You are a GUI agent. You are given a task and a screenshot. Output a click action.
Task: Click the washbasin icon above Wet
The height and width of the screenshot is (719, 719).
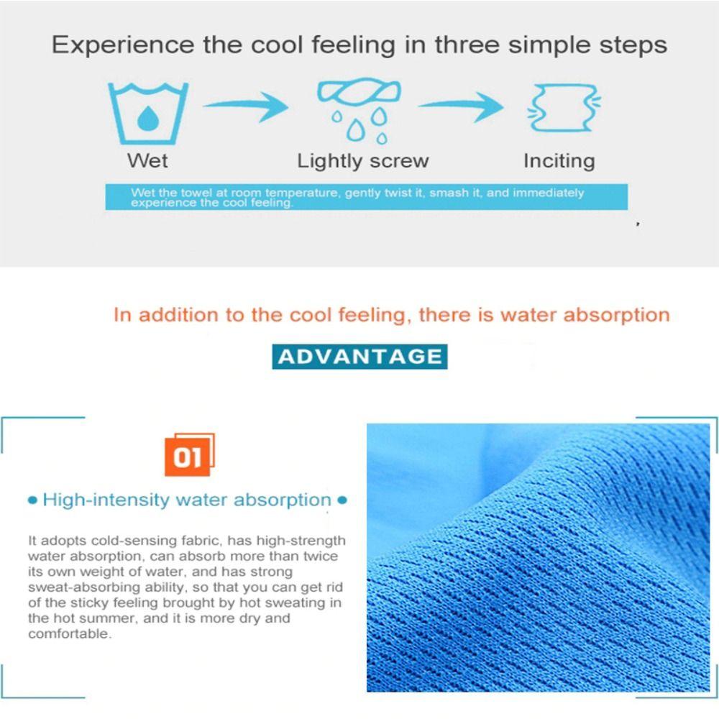pyautogui.click(x=147, y=114)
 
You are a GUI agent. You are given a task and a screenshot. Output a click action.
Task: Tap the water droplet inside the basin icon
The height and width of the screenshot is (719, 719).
pyautogui.click(x=147, y=119)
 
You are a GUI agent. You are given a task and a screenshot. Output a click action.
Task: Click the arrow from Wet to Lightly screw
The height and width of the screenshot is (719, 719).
pyautogui.click(x=245, y=108)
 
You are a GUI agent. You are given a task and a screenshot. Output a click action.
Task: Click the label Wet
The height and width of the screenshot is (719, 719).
pyautogui.click(x=147, y=161)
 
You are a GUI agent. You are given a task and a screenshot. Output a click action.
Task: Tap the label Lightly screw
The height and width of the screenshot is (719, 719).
pyautogui.click(x=362, y=161)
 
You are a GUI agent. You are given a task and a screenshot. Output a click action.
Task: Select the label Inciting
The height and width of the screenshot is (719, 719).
pyautogui.click(x=559, y=161)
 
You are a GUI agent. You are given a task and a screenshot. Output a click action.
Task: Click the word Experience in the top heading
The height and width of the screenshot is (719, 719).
pyautogui.click(x=122, y=45)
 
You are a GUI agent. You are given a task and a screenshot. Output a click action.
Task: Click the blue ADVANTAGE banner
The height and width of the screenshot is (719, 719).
pyautogui.click(x=359, y=357)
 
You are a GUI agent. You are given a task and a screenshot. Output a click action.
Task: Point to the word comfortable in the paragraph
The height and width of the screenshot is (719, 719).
pyautogui.click(x=70, y=633)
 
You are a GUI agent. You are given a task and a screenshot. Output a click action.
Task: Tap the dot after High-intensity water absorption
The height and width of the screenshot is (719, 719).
pyautogui.click(x=342, y=500)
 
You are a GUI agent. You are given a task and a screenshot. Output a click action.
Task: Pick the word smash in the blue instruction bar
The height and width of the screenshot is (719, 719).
pyautogui.click(x=446, y=193)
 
